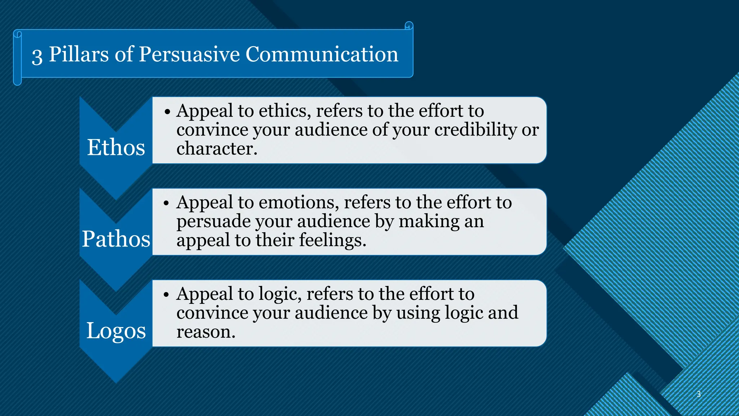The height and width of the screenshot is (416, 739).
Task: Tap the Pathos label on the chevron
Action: coord(116,239)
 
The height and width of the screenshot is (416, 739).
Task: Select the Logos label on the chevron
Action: coord(116,331)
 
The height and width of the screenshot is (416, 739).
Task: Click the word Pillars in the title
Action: coord(79,54)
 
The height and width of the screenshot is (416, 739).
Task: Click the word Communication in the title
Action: coord(322,54)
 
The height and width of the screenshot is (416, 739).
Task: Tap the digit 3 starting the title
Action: coord(37,56)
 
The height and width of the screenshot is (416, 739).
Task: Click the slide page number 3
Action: coord(699,394)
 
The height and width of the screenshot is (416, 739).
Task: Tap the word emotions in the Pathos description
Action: coord(298,203)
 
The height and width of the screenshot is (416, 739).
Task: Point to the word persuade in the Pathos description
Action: coord(213,221)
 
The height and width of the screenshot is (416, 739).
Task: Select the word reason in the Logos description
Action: coord(205,331)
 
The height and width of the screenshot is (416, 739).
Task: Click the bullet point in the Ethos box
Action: coord(167,112)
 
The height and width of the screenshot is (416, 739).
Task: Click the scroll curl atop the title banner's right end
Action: coord(408,26)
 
